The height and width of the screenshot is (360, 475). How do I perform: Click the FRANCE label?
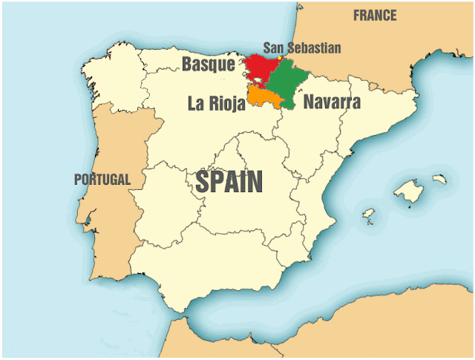click(x=375, y=16)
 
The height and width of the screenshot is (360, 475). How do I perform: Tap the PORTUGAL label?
click(x=102, y=179)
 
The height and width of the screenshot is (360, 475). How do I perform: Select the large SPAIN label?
click(x=229, y=183)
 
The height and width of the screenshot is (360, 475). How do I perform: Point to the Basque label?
click(x=209, y=65)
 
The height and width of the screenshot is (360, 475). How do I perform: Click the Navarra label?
click(x=332, y=102)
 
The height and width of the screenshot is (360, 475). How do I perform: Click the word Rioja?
click(x=227, y=104)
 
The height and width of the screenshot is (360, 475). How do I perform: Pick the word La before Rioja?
click(x=197, y=104)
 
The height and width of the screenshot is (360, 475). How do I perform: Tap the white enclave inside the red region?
click(x=258, y=82)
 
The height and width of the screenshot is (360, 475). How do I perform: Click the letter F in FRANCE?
click(x=357, y=16)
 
